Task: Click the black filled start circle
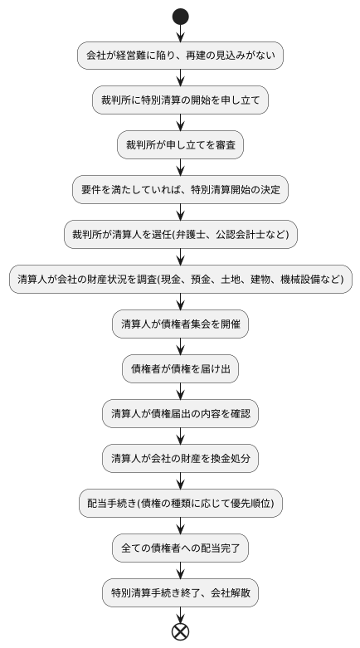click(180, 16)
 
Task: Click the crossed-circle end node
click(180, 631)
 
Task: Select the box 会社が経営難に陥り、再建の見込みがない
click(180, 56)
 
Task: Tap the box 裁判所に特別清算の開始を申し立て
click(180, 100)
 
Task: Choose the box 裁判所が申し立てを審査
click(180, 144)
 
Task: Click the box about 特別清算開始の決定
click(180, 189)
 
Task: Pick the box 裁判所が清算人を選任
click(180, 234)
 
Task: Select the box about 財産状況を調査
click(180, 279)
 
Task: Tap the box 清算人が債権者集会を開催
click(180, 324)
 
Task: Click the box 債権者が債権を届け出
click(180, 368)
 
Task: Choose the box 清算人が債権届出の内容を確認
click(180, 413)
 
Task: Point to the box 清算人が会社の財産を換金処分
click(180, 458)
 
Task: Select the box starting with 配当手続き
click(180, 503)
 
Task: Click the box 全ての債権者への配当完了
click(180, 548)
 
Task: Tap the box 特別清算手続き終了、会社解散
click(180, 592)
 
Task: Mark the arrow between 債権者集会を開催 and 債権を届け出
click(180, 346)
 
